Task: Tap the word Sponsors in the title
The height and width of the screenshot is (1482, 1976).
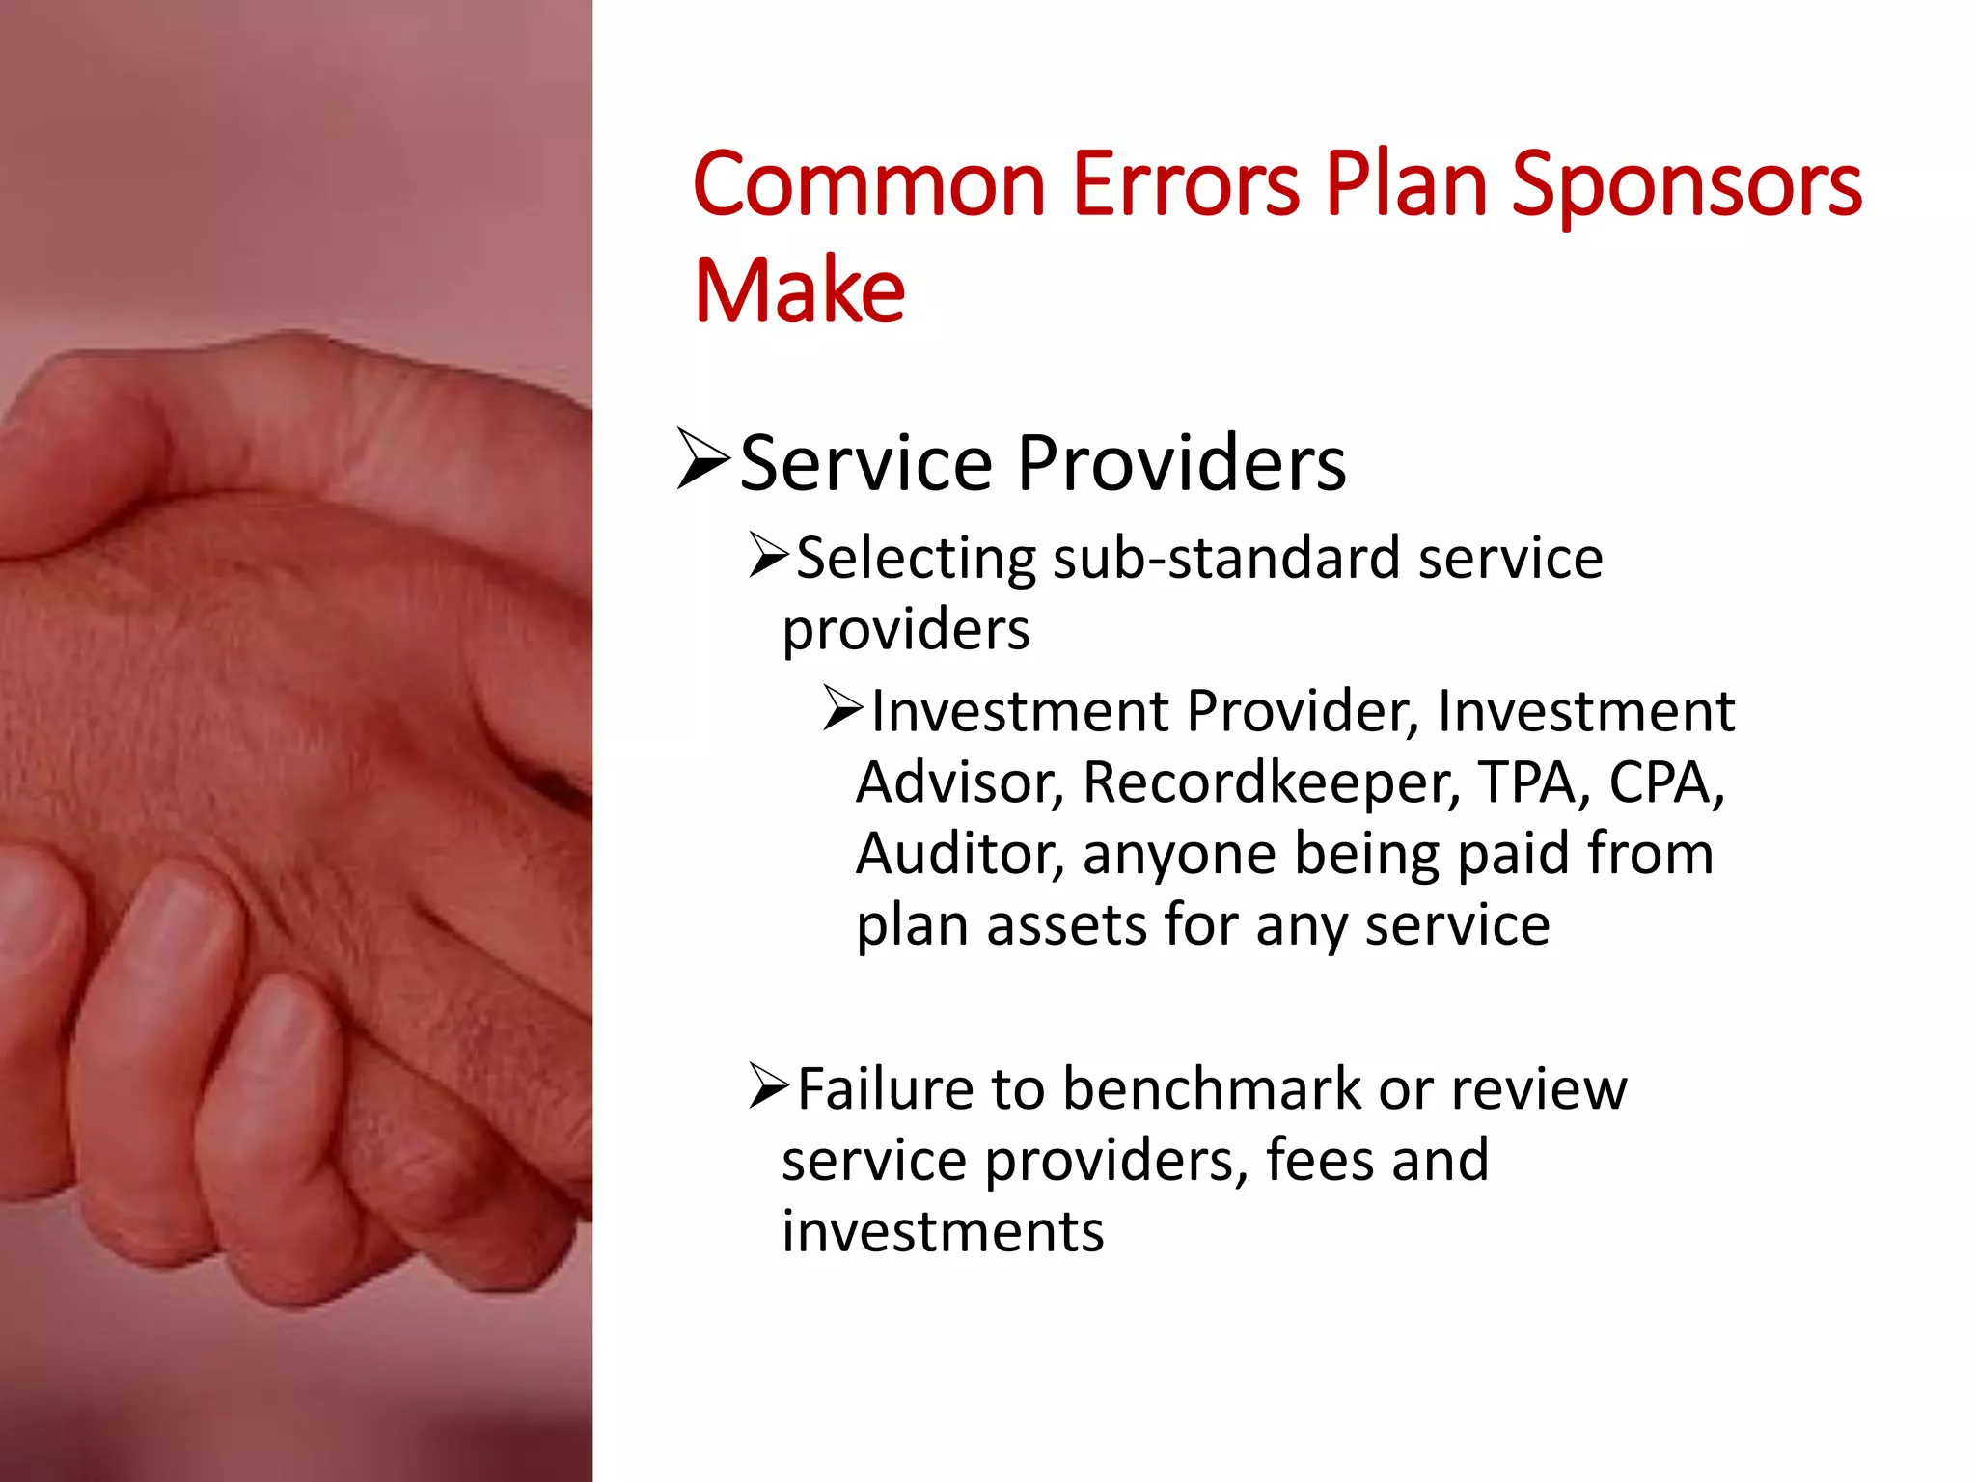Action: tap(1686, 185)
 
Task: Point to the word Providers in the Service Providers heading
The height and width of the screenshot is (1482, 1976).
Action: tap(1181, 464)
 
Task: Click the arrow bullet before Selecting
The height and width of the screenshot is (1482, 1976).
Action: tap(769, 557)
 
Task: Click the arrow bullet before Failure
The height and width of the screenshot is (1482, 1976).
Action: tap(769, 1087)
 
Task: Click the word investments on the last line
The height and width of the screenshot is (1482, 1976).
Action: tap(943, 1232)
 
